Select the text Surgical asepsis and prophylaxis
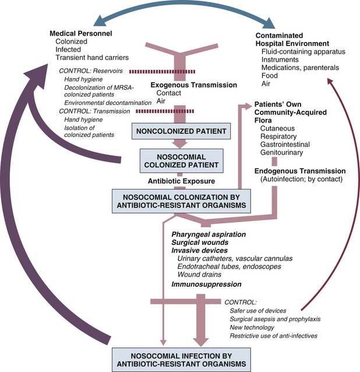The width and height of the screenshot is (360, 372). [276, 320]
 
